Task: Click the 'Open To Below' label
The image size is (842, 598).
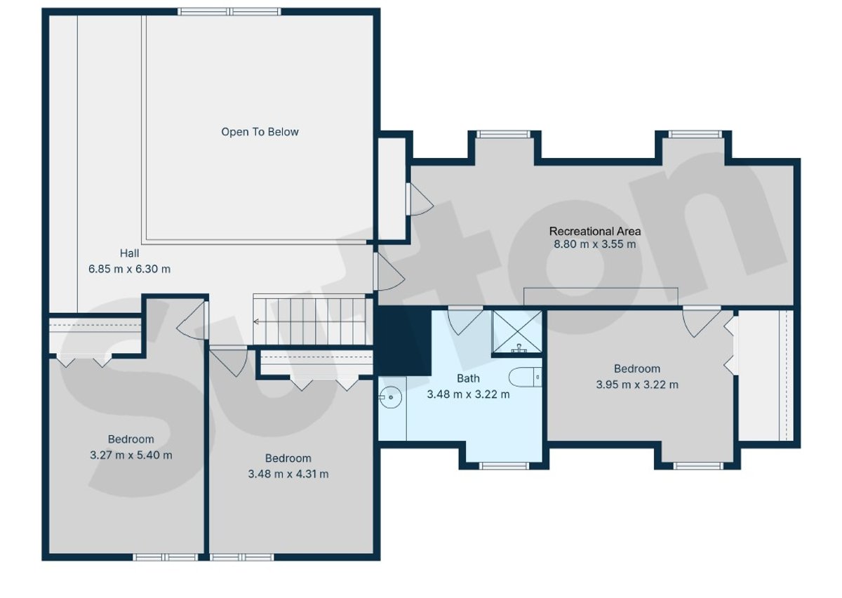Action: [260, 132]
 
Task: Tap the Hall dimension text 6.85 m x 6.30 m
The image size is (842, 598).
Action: [129, 270]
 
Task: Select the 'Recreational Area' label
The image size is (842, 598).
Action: [595, 231]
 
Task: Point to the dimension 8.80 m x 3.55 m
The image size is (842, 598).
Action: [595, 244]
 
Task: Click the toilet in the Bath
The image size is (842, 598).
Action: [526, 377]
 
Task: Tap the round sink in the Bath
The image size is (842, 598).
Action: [390, 397]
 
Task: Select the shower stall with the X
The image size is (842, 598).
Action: [517, 332]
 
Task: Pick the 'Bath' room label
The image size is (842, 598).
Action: [469, 378]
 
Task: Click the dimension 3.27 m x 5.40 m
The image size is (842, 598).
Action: [131, 456]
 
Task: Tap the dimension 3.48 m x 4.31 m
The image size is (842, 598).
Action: [288, 474]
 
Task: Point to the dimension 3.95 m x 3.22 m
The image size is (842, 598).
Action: [637, 385]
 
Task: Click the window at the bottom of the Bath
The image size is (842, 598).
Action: [504, 466]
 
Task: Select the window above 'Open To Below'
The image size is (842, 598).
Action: [229, 12]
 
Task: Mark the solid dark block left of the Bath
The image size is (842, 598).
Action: [404, 340]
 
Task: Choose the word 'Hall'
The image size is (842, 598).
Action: [129, 253]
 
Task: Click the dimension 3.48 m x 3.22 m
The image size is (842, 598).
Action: [469, 394]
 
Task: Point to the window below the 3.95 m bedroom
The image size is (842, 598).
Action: [698, 466]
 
